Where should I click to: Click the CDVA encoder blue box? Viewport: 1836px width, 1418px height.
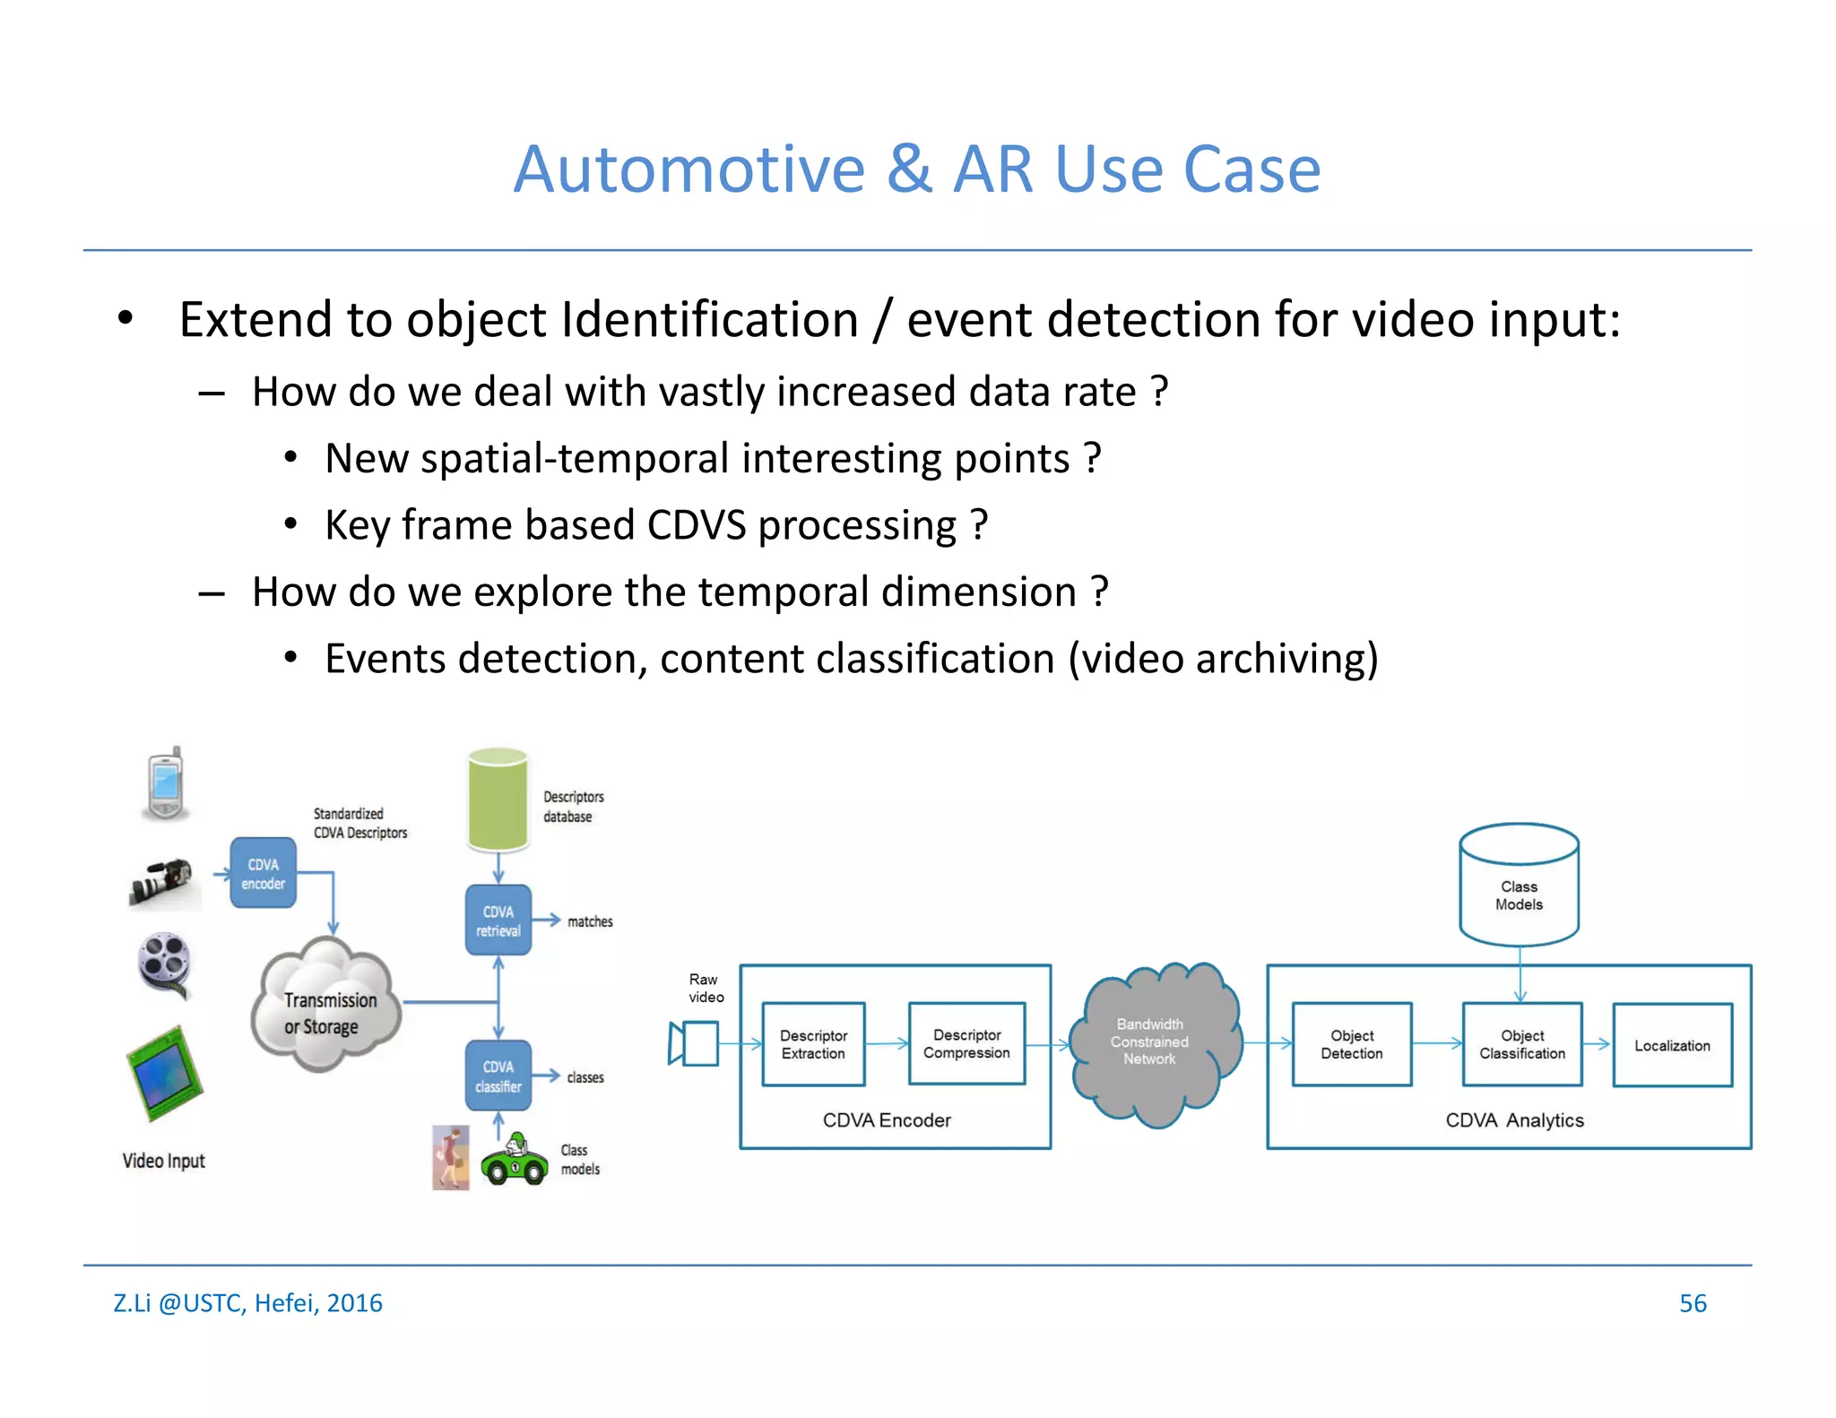(x=263, y=873)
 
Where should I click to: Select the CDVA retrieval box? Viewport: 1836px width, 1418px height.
(x=498, y=921)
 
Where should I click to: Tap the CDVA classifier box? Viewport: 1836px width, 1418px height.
(x=498, y=1076)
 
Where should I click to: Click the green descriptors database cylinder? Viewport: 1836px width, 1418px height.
(x=498, y=800)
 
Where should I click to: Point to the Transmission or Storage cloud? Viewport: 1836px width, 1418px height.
(x=326, y=1007)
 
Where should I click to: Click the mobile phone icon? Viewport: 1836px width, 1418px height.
(x=166, y=783)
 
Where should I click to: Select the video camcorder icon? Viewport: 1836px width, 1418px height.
(x=163, y=882)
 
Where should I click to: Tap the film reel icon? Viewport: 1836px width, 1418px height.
(x=165, y=964)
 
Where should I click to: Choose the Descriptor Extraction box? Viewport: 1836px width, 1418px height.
(x=813, y=1044)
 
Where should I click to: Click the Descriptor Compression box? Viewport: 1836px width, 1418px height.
(x=966, y=1044)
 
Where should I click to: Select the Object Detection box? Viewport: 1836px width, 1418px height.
(x=1351, y=1044)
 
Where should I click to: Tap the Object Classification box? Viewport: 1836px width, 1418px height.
(x=1521, y=1044)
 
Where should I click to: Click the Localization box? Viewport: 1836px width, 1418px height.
(x=1672, y=1045)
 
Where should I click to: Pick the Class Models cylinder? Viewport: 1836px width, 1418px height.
(x=1519, y=887)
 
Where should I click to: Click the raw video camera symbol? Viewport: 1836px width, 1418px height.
(x=694, y=1044)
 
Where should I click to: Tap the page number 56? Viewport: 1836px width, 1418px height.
(x=1692, y=1302)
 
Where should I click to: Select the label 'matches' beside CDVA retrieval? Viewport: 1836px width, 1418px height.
(x=590, y=921)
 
